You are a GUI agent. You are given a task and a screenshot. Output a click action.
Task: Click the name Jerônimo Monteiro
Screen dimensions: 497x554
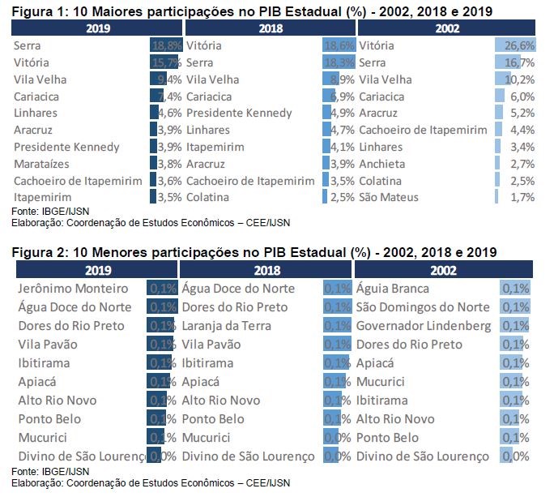click(x=73, y=289)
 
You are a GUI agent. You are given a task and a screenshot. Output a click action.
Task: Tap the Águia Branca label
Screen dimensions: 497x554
click(x=395, y=289)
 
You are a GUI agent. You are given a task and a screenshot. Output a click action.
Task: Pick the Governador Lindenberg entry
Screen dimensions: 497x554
click(x=423, y=326)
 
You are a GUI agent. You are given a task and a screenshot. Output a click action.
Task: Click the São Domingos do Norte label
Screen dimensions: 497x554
click(x=423, y=307)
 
